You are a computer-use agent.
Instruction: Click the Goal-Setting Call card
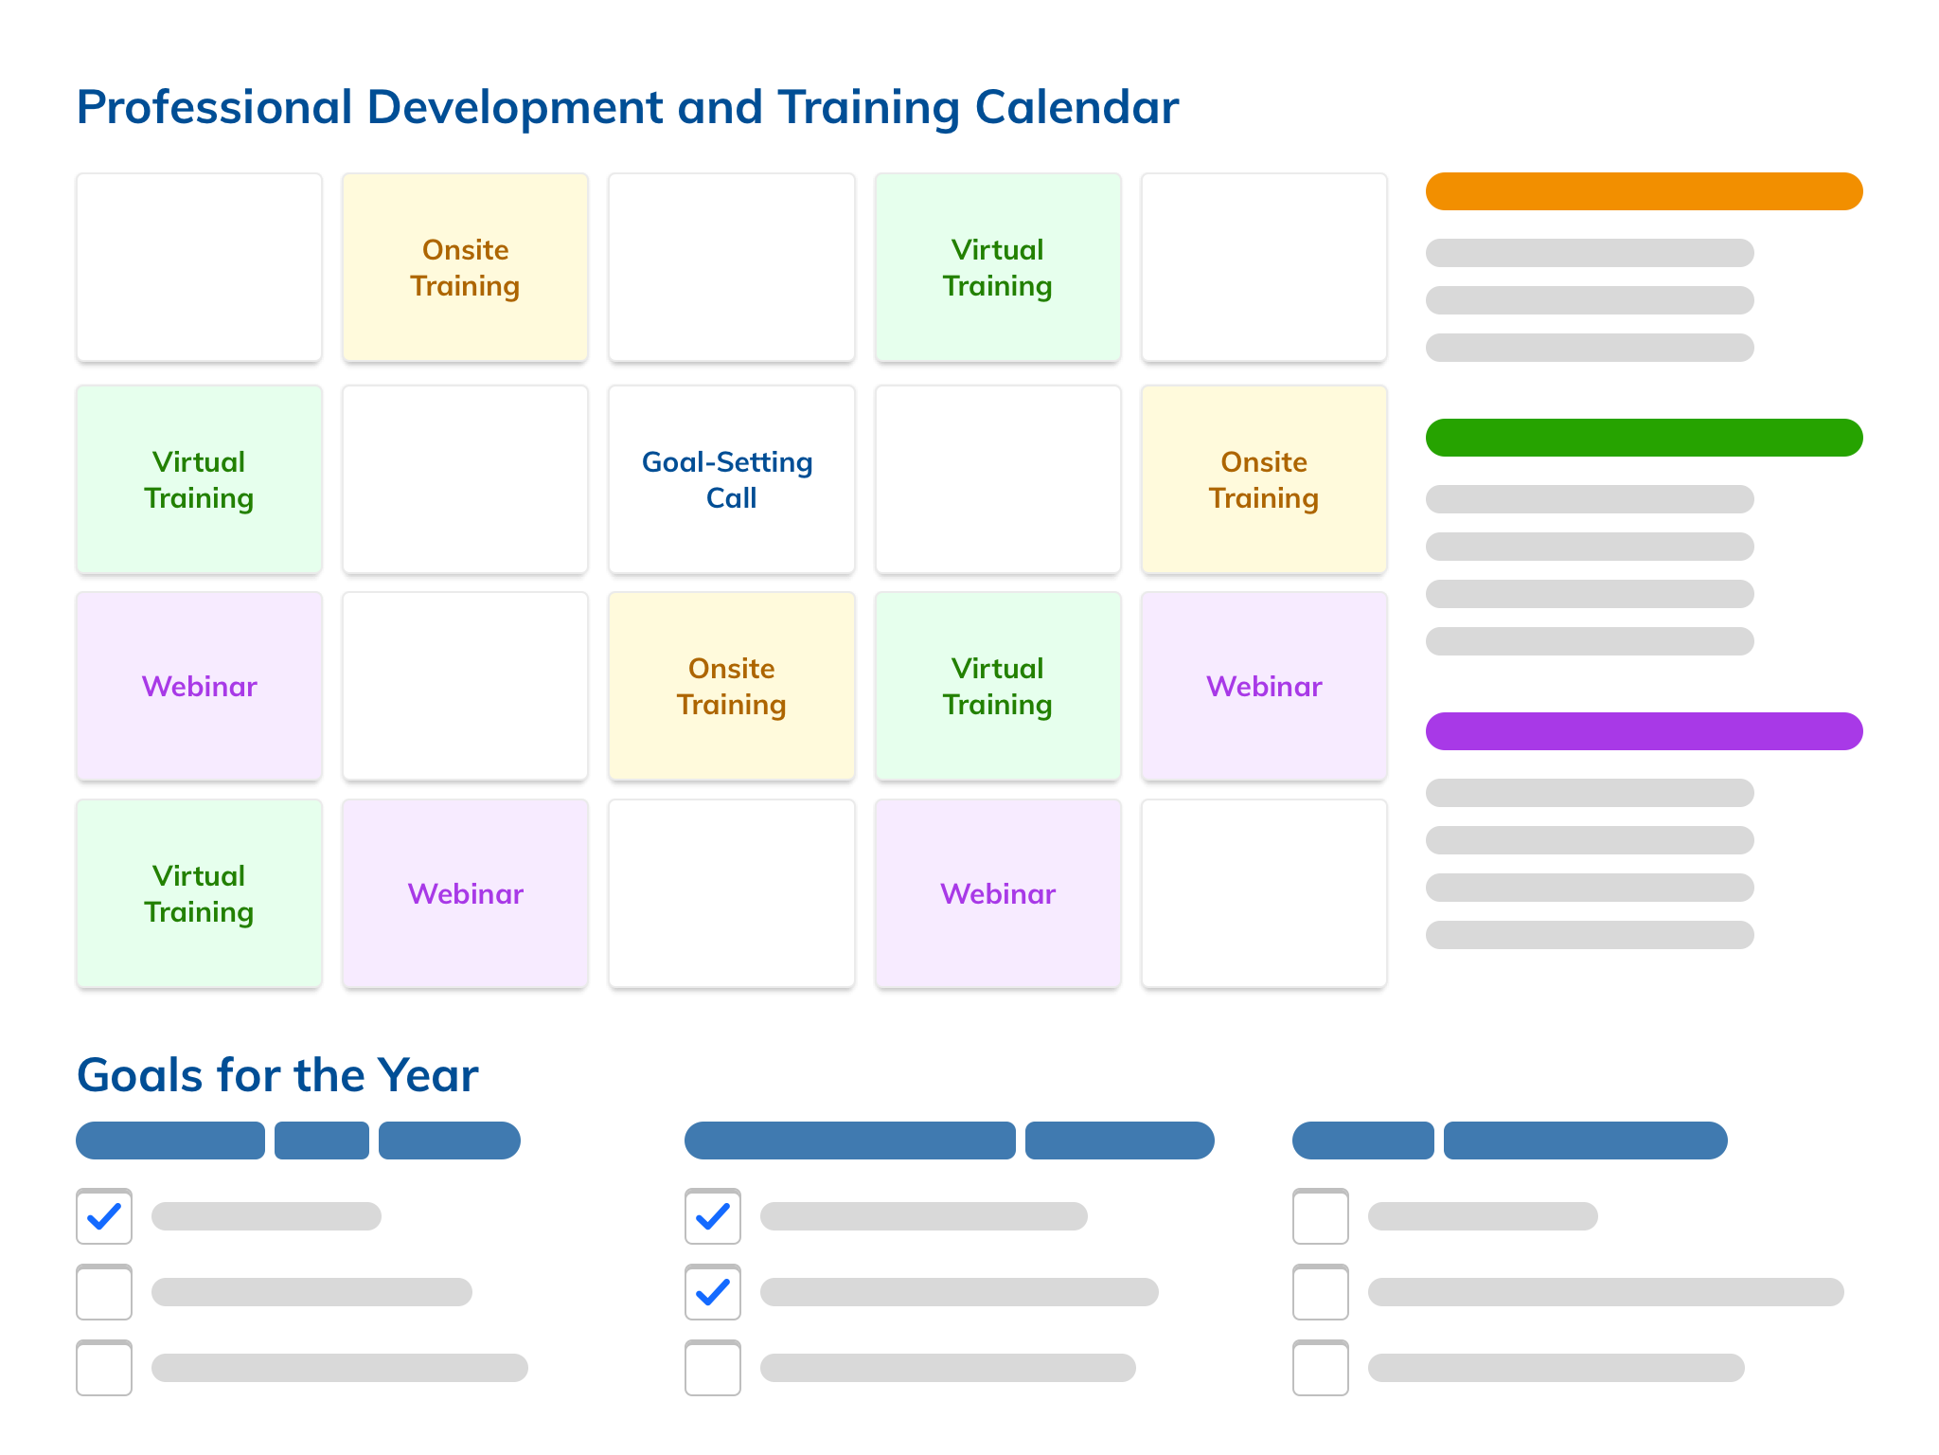point(731,479)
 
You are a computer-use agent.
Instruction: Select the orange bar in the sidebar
point(1644,191)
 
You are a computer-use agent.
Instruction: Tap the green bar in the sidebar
point(1644,438)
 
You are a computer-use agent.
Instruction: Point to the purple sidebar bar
point(1644,731)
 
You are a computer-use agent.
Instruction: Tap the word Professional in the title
point(214,107)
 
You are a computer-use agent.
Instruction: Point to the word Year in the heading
point(428,1075)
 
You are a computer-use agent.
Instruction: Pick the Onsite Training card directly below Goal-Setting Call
point(731,687)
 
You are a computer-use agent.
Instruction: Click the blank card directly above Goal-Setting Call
point(731,267)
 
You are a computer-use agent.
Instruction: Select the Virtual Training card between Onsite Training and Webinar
point(998,687)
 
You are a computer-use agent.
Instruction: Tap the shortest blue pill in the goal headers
point(322,1141)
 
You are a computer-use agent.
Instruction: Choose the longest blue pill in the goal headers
point(849,1141)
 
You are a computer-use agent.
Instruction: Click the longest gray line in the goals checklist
point(1606,1292)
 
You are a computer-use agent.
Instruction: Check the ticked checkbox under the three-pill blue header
point(104,1216)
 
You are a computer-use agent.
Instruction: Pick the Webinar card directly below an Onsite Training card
point(1264,687)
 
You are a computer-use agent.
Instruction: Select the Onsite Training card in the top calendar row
point(465,267)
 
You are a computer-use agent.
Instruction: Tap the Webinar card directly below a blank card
point(465,894)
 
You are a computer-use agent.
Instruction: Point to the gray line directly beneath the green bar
point(1590,499)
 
